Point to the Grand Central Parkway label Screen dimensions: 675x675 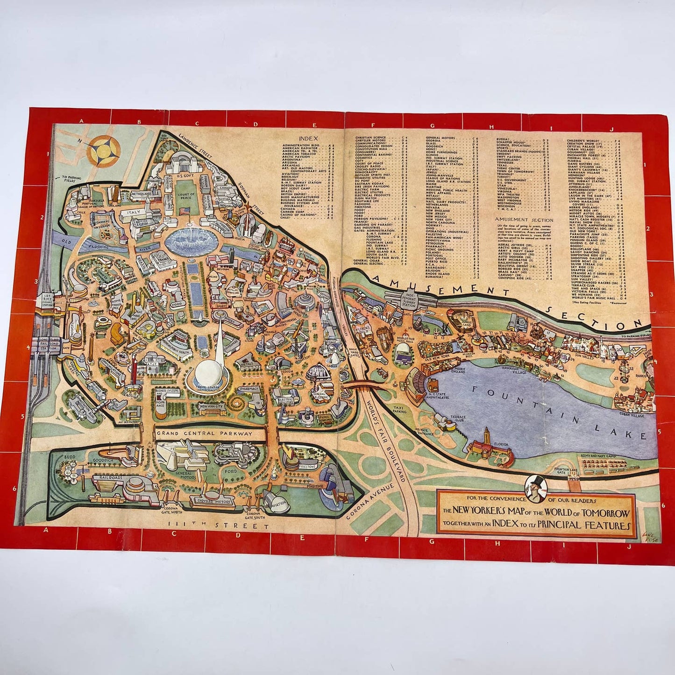tap(205, 433)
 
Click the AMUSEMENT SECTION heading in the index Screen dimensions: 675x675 tap(524, 220)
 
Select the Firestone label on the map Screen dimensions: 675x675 tap(306, 466)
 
